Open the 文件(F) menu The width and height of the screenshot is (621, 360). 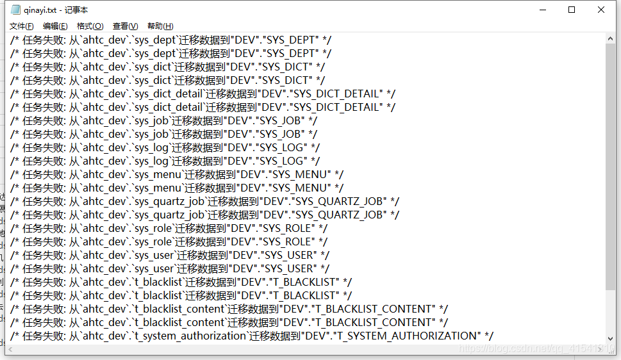coord(21,26)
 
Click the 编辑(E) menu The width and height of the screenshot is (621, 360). coord(55,26)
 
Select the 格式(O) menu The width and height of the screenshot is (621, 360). coord(90,26)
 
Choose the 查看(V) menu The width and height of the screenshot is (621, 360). coord(125,26)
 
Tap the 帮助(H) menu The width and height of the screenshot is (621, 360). coord(160,26)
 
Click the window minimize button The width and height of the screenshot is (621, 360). coord(542,10)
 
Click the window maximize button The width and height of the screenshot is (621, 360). coord(572,10)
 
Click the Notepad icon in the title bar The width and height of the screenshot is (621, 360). coord(15,10)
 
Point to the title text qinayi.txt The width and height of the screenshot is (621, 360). coord(40,10)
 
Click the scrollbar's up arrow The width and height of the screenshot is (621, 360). coord(611,39)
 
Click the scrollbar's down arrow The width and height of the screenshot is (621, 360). coord(611,339)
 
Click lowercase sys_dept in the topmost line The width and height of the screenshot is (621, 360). coord(153,40)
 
